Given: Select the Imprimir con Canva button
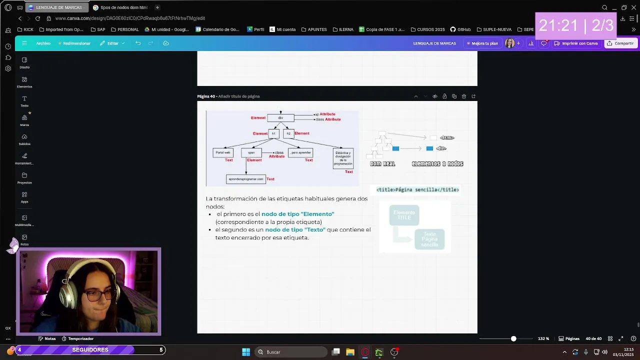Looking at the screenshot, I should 576,43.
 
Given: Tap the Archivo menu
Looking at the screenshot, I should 43,43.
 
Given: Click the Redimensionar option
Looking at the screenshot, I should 74,43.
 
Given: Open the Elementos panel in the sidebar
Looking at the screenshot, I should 24,82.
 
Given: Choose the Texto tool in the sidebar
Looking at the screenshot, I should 24,101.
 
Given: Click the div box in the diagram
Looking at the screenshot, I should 280,118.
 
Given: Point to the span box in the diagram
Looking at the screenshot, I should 251,152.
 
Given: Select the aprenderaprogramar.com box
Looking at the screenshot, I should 246,179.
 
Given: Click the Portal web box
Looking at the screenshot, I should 223,152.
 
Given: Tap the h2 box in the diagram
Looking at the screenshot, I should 288,133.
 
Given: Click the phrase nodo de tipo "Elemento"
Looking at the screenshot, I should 297,214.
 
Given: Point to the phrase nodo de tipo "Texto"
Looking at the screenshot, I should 295,230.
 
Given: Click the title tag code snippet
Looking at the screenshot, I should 417,190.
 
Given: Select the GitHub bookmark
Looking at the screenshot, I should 460,29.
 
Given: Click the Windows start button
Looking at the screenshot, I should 246,352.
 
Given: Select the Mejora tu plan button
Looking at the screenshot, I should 482,43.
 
